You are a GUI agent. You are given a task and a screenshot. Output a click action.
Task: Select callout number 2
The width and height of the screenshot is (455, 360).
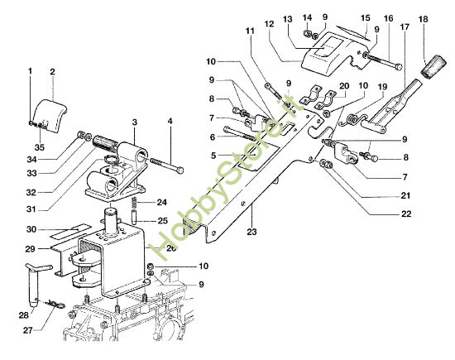pos(51,72)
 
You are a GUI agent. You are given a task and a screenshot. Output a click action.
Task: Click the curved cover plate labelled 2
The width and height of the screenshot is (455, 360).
pos(50,113)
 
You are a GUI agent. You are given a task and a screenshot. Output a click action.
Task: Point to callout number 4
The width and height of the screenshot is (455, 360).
pos(170,122)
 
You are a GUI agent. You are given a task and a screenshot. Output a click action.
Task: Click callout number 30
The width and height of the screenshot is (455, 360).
pos(30,229)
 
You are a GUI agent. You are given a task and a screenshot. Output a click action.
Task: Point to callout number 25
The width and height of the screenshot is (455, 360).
pos(163,220)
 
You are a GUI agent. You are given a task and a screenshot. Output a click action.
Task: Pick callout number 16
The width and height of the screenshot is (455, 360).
pos(388,17)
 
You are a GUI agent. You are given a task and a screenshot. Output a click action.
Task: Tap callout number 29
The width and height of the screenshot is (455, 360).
pos(29,249)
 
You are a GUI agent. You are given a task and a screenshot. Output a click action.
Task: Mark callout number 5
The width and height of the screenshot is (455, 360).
pos(213,155)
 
